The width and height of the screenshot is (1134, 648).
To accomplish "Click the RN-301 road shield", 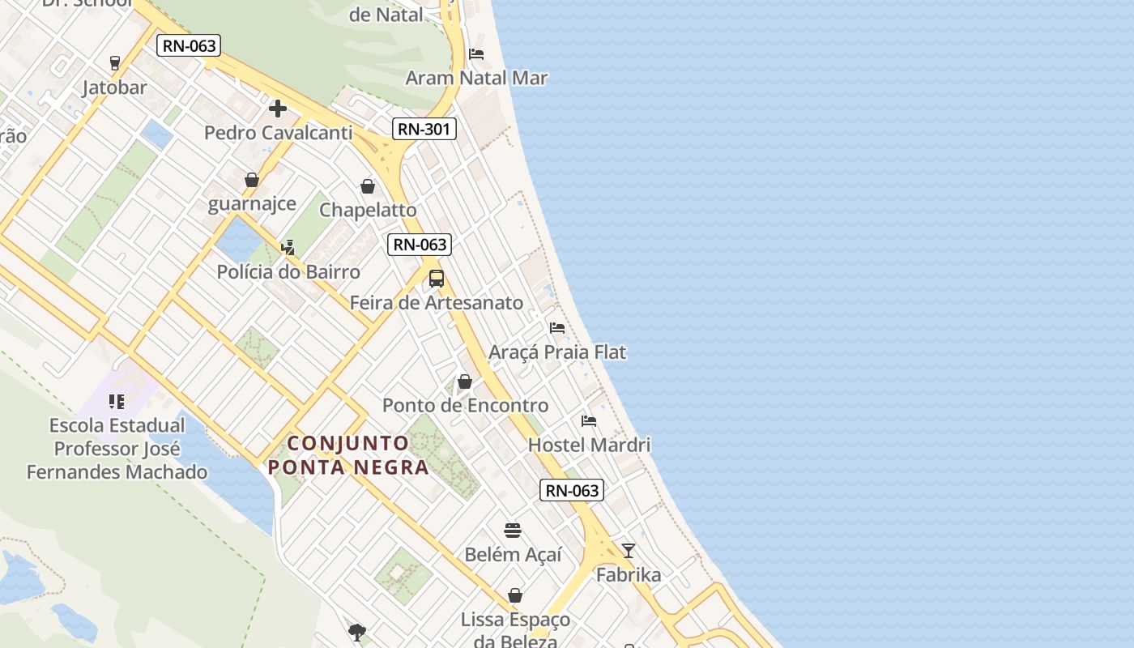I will coord(424,129).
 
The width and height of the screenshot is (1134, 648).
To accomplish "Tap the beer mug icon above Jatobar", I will coord(115,62).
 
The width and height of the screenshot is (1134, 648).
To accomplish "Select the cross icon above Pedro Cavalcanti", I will coord(278,109).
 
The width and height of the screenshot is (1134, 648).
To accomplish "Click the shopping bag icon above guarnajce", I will coord(252,180).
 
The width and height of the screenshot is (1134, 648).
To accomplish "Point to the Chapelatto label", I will coord(368,210).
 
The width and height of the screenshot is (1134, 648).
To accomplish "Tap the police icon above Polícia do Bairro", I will coord(288,247).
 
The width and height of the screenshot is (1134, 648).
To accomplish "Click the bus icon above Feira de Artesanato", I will coord(437,279).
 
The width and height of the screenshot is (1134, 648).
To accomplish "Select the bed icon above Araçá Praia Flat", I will coord(557,328).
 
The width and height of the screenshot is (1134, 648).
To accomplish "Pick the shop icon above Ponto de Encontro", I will coord(465,382).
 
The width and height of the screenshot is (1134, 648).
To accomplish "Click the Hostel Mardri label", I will coord(589,445).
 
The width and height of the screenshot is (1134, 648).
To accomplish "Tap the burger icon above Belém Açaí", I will coord(513,531).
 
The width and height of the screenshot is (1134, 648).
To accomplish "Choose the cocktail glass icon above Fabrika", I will coord(629,551).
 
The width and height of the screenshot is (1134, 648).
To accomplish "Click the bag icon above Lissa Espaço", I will coord(515,595).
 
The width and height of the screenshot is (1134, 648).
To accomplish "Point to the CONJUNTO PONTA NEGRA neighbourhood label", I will coord(348,455).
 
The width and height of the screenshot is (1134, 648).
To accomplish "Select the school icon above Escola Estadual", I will coord(117,402).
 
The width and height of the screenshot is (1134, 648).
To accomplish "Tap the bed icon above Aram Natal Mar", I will coord(476,54).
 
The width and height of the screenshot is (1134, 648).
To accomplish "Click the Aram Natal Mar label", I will coord(476,79).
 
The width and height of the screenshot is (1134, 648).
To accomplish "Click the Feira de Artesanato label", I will coord(437,303).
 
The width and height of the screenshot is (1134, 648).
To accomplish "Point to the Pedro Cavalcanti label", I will coord(278,133).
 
